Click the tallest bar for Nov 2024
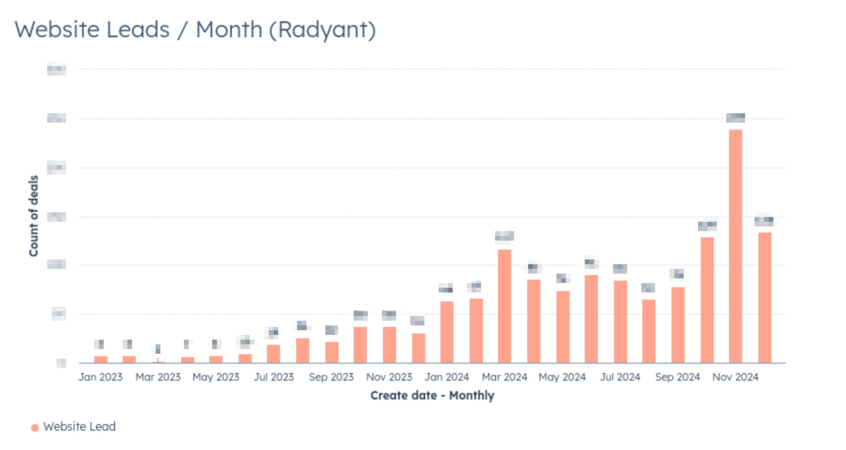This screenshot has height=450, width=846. pyautogui.click(x=735, y=247)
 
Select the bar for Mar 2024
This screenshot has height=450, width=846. pyautogui.click(x=504, y=306)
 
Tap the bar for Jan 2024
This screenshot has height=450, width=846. pyautogui.click(x=447, y=332)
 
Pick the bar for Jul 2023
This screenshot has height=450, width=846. pyautogui.click(x=273, y=354)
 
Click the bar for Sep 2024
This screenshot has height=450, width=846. pyautogui.click(x=677, y=325)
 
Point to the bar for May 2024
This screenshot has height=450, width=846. pyautogui.click(x=562, y=327)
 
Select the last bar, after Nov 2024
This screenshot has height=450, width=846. pyautogui.click(x=764, y=298)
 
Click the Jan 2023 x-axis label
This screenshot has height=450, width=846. pyautogui.click(x=101, y=377)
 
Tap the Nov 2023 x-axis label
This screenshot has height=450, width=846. pyautogui.click(x=389, y=377)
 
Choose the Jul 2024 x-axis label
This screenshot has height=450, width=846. pyautogui.click(x=620, y=377)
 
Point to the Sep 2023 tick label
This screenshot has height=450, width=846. pyautogui.click(x=331, y=377)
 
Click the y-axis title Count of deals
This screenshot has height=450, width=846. pyautogui.click(x=33, y=216)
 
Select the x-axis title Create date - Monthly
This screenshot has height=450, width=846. pyautogui.click(x=432, y=395)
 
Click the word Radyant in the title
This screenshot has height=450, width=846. pyautogui.click(x=322, y=30)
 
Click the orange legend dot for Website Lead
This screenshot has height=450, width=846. pyautogui.click(x=35, y=427)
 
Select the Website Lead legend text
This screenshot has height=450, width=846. pyautogui.click(x=79, y=427)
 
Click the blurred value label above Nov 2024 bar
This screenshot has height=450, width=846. pyautogui.click(x=735, y=117)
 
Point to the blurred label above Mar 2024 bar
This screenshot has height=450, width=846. pyautogui.click(x=504, y=236)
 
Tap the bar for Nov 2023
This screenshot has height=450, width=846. pyautogui.click(x=389, y=345)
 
